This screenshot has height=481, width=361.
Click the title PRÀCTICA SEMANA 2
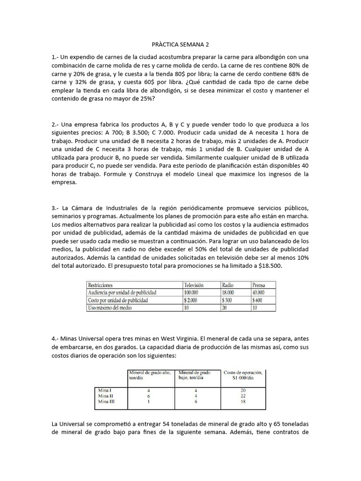(x=180, y=45)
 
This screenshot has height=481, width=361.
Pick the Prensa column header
(x=259, y=285)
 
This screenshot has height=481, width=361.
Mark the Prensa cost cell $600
(x=258, y=300)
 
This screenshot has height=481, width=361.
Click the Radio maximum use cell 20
(x=225, y=307)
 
